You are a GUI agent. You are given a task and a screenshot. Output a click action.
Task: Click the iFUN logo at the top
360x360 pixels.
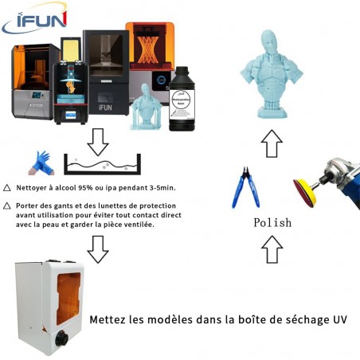pos(34,18)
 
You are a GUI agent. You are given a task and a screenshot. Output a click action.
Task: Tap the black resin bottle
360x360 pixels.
pos(182,99)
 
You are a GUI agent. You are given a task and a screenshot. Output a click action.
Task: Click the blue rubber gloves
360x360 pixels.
pos(41,163)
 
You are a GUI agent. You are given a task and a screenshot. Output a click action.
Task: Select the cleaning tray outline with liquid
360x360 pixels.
pos(102,164)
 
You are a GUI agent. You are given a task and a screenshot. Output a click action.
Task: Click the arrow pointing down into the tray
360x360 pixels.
pos(98,142)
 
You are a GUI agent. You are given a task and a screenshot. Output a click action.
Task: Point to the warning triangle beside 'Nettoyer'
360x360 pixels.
pos(7,188)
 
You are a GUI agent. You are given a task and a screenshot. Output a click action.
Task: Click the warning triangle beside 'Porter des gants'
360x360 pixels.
pos(7,205)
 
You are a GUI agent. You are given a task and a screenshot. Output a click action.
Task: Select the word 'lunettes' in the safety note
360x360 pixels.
pos(117,205)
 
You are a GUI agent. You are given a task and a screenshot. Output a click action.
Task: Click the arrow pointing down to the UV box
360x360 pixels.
pos(98,249)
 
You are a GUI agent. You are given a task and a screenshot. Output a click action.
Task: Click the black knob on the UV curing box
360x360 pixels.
pos(62,338)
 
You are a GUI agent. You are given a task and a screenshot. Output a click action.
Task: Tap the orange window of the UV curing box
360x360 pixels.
pos(68,299)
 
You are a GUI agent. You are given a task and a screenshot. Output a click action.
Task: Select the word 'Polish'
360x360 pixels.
pos(272,222)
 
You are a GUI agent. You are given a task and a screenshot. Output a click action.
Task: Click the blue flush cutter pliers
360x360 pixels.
pos(245,187)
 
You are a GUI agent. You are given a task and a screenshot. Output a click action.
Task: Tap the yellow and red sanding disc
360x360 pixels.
pos(305,193)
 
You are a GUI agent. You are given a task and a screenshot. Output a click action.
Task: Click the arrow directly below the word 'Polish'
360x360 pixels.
pos(272,249)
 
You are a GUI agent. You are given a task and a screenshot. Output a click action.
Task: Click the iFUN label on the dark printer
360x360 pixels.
pos(105,108)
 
